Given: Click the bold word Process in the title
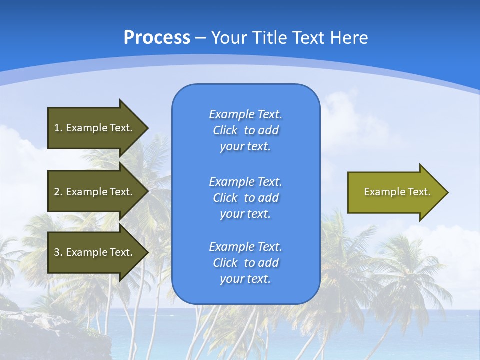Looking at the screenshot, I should click(157, 38).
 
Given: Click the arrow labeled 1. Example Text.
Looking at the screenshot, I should click(95, 128).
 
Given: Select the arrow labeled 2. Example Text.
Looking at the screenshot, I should click(95, 192).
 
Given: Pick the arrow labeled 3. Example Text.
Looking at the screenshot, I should click(95, 252).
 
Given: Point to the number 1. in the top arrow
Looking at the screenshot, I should click(58, 128).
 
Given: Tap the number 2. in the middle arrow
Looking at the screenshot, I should click(58, 192).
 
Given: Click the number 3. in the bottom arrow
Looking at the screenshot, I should click(58, 252).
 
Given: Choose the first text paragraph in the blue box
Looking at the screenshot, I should click(245, 130).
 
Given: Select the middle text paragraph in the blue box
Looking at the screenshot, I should click(245, 198).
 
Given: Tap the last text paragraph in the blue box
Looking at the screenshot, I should click(245, 263).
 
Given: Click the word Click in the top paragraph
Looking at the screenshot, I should click(225, 130).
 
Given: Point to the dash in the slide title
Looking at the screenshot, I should click(200, 38).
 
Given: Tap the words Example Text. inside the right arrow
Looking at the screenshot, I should click(397, 192).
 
